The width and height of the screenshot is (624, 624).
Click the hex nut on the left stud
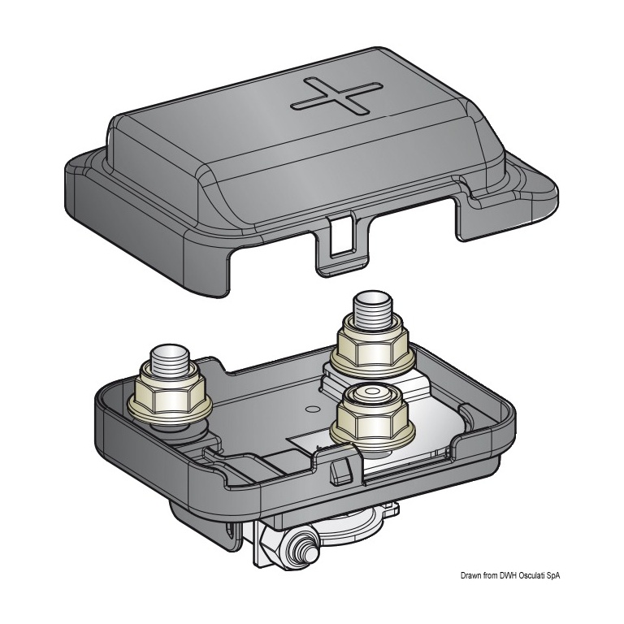click(171, 392)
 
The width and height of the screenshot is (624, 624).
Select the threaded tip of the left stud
click(170, 362)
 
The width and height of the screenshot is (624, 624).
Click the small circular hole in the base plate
click(312, 409)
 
